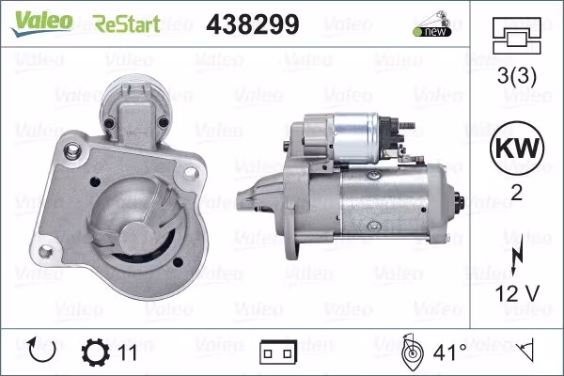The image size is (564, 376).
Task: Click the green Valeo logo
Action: click(x=41, y=23)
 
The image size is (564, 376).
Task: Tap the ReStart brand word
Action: click(x=126, y=23)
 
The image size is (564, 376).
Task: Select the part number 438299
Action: click(x=253, y=24)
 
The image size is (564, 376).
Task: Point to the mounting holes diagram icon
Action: click(x=516, y=36)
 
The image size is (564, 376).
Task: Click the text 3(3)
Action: click(x=516, y=76)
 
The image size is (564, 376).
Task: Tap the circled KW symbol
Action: click(x=517, y=148)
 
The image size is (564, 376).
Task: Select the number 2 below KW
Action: click(x=516, y=193)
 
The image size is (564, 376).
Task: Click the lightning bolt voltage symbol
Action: click(x=517, y=255)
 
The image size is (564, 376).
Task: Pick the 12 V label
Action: click(x=517, y=293)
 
